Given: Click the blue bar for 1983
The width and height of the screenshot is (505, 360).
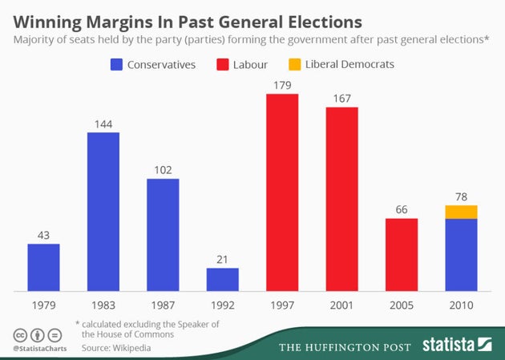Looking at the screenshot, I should pyautogui.click(x=103, y=212).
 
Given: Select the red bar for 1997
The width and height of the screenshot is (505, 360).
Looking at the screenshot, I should pyautogui.click(x=282, y=192).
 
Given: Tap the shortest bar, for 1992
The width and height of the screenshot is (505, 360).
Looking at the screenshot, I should pyautogui.click(x=222, y=279).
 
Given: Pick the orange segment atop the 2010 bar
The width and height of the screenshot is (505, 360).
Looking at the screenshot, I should pyautogui.click(x=461, y=212).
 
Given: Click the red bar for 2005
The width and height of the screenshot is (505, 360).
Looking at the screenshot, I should pyautogui.click(x=402, y=254).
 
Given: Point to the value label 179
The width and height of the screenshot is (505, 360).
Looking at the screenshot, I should pyautogui.click(x=282, y=85).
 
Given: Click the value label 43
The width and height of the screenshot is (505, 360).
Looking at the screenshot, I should pyautogui.click(x=44, y=235).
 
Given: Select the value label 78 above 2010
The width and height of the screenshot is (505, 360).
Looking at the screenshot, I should pyautogui.click(x=461, y=196).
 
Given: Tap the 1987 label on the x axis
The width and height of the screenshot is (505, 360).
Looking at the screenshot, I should pyautogui.click(x=163, y=305).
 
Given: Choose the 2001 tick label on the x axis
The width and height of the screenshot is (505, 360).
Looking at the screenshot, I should pyautogui.click(x=341, y=305).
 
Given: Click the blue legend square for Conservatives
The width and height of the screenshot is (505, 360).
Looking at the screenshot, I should pyautogui.click(x=117, y=64).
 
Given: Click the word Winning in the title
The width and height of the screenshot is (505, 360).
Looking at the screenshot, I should pyautogui.click(x=48, y=18).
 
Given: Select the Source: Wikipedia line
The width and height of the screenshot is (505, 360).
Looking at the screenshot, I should pyautogui.click(x=115, y=348).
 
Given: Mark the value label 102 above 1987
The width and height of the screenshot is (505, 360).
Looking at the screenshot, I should pyautogui.click(x=163, y=170).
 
